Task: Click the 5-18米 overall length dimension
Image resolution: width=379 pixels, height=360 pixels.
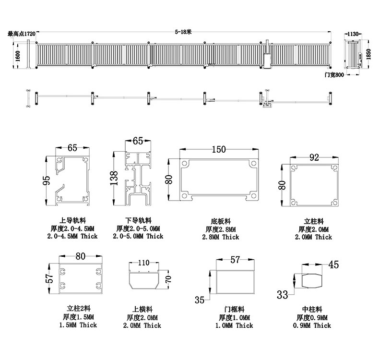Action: [x=183, y=32]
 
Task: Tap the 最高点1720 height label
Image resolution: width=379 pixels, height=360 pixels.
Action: [x=22, y=34]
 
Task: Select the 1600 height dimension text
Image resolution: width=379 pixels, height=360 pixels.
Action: [x=18, y=56]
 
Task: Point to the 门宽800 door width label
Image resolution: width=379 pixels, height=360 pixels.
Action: [x=334, y=75]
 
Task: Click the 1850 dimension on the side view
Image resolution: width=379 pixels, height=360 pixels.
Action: [x=368, y=54]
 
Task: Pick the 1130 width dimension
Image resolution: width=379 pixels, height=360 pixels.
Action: [x=353, y=34]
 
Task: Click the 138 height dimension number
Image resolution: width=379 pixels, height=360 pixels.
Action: [x=114, y=178]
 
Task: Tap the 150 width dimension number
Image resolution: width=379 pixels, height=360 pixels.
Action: [x=219, y=149]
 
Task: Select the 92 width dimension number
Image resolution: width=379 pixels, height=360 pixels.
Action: [x=314, y=157]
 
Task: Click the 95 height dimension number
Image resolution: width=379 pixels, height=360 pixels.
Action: [x=46, y=180]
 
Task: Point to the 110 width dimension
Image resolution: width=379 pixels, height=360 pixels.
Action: [x=143, y=263]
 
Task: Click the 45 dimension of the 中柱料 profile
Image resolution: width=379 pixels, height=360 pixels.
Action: [x=333, y=265]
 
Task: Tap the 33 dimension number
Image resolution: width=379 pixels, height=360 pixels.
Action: [x=282, y=295]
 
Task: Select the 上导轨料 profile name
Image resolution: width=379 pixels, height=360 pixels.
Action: [x=72, y=220]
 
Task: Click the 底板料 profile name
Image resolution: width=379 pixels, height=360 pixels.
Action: [x=220, y=221]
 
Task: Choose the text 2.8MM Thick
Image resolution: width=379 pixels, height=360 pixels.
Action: [x=220, y=237]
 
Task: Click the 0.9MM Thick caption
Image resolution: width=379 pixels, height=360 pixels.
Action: [x=312, y=325]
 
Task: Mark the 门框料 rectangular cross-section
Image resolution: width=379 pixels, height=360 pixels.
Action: [x=235, y=282]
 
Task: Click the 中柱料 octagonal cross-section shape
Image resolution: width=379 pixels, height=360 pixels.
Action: [x=312, y=281]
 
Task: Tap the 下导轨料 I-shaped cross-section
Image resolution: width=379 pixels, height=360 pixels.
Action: [x=138, y=179]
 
